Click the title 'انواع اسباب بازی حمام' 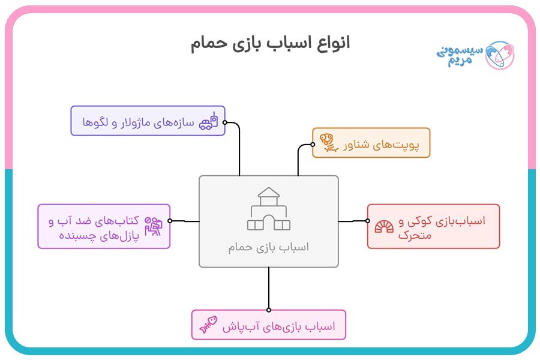[270, 44]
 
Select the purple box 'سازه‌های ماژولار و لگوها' [148, 121]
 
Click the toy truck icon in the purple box [208, 121]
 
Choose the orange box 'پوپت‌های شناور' [371, 143]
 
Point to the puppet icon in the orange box [328, 143]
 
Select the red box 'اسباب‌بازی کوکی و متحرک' [433, 226]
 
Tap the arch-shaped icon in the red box [384, 226]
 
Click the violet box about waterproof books [104, 226]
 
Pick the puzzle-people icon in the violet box [153, 226]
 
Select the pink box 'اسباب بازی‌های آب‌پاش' [268, 325]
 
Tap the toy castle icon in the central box [269, 209]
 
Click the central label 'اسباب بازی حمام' [269, 247]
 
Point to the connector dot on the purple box [225, 122]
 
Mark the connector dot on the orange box [313, 144]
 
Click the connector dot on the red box [368, 221]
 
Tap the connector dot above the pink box [269, 310]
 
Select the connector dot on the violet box [170, 221]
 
